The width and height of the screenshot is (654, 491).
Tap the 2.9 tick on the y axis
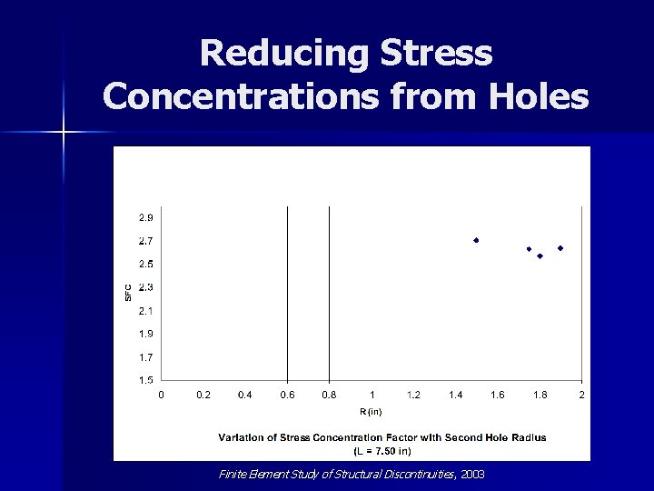[145, 218]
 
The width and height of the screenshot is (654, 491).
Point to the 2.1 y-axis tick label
[145, 311]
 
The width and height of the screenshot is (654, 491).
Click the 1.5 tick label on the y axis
[145, 380]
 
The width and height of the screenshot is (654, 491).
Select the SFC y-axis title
[128, 293]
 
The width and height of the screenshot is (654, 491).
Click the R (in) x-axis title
[371, 412]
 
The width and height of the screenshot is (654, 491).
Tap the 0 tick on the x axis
[162, 396]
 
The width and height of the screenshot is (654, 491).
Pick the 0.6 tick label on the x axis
[287, 396]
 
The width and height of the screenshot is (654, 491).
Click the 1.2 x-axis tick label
[413, 396]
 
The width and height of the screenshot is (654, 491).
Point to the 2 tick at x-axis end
[581, 396]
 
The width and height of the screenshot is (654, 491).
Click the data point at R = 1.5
[476, 240]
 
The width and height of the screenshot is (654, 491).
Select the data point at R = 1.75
[529, 249]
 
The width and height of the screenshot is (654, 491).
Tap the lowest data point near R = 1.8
[540, 256]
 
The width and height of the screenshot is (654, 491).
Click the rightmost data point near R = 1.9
[560, 248]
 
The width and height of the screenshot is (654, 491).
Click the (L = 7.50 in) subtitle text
[381, 449]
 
